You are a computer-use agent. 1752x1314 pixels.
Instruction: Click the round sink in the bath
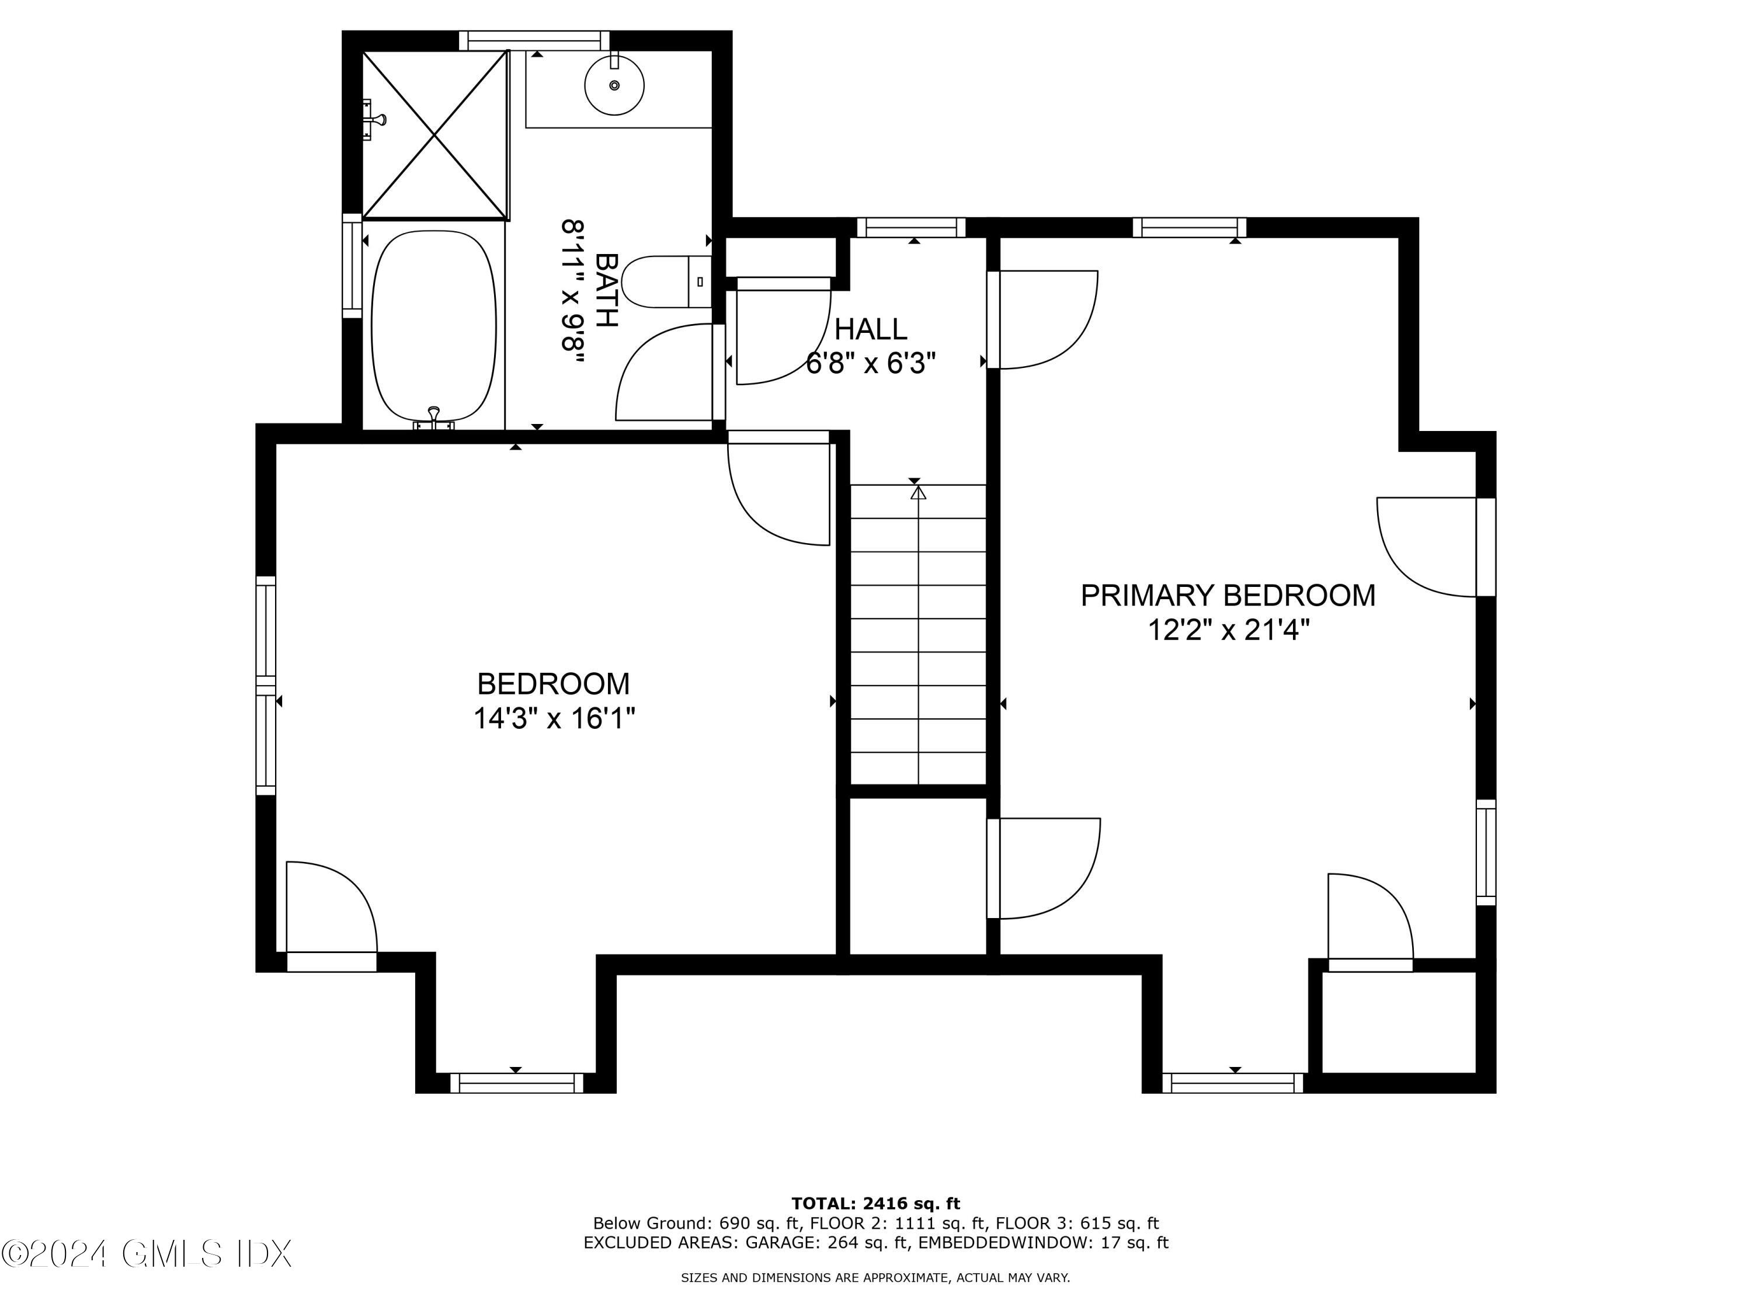point(614,85)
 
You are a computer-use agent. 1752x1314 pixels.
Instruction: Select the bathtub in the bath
point(434,326)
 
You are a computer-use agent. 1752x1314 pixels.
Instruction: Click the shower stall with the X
point(435,135)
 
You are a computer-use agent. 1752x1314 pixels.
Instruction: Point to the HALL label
point(871,329)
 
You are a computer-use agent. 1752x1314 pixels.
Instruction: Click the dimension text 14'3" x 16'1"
point(554,718)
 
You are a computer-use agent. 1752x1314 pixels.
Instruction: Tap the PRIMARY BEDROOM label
point(1228,596)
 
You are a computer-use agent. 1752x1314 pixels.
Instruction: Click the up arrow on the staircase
point(918,493)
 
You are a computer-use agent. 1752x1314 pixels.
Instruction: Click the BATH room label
point(606,290)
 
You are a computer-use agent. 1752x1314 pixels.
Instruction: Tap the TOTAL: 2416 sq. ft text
point(875,1204)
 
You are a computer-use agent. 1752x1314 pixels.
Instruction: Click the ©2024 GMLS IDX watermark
point(147,1254)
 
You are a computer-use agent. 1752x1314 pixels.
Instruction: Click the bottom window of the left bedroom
point(516,1083)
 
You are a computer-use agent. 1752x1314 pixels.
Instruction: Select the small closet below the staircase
point(917,875)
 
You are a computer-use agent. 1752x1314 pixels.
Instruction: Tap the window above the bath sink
point(534,40)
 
